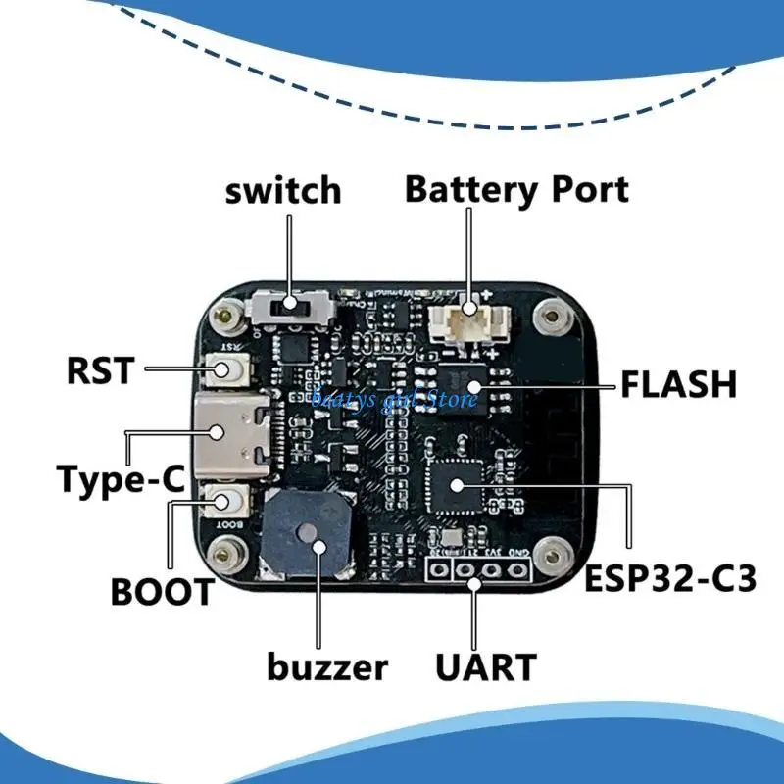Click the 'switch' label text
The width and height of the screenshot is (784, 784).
tap(283, 190)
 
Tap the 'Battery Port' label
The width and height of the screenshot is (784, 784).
tap(516, 188)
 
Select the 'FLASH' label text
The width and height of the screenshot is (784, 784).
tap(677, 384)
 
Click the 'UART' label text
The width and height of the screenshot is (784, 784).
tap(486, 667)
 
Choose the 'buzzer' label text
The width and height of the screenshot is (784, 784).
tap(327, 668)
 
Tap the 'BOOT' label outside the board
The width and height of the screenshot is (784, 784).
tap(162, 592)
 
